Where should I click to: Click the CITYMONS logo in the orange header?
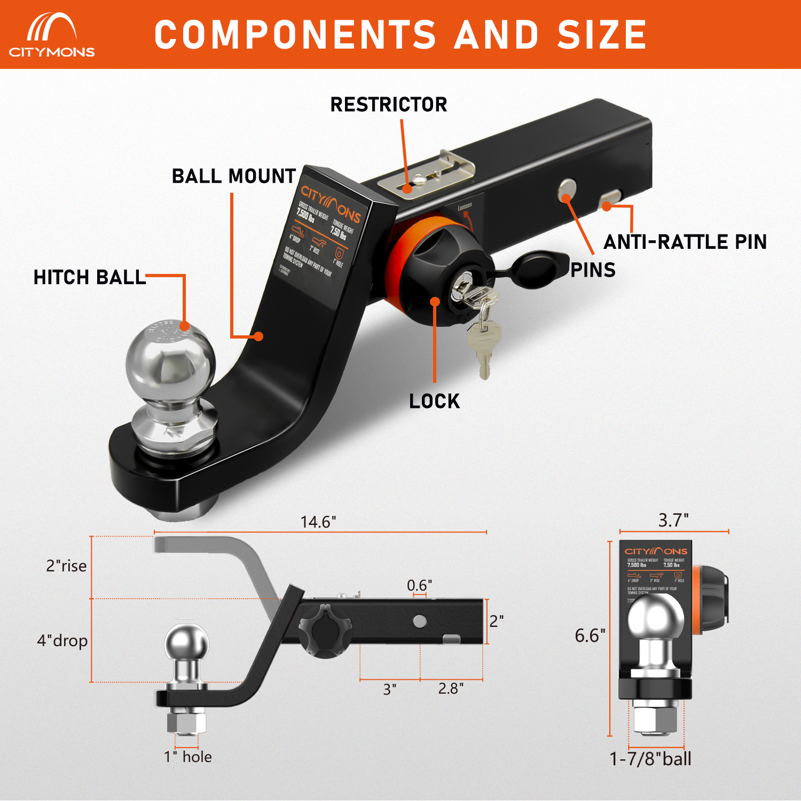pos(52,35)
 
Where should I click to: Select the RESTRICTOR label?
pos(389,105)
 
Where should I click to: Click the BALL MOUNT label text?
pos(234,176)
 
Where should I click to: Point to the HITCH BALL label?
pos(90,278)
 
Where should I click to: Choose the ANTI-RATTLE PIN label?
pos(685,242)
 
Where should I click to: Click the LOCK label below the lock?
pos(434,401)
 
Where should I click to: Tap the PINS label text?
pos(593,270)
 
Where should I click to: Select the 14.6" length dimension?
pos(318,522)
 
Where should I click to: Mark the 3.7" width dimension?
pos(673,520)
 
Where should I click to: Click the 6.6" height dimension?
pos(590,635)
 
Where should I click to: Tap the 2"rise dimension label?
pos(66,566)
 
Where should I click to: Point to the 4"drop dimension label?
pos(62,640)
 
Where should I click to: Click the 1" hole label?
pos(188,757)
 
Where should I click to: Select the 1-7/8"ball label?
pos(650,759)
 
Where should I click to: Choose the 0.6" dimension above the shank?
pos(419,585)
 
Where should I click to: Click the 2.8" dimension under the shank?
pos(451,689)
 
